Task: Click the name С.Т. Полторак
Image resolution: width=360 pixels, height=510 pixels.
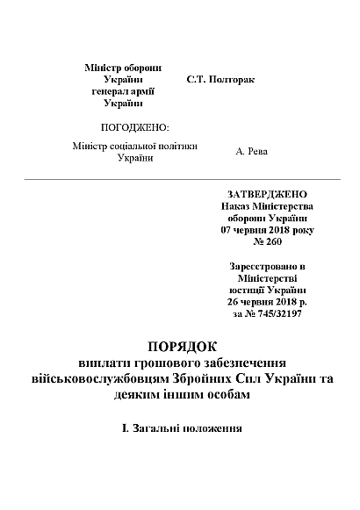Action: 220,79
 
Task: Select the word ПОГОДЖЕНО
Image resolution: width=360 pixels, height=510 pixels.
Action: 135,127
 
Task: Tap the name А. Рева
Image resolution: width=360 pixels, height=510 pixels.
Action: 252,152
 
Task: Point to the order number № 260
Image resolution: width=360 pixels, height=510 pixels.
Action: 267,241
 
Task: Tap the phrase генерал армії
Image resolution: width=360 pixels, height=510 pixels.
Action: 123,90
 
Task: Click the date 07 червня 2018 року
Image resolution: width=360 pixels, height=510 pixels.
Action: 267,229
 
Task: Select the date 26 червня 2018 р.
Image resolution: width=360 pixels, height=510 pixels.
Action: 267,301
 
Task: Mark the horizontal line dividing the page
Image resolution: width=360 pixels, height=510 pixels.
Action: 180,179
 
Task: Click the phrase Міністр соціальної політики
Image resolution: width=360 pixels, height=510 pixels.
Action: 134,146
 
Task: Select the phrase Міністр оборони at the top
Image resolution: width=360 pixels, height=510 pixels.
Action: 123,68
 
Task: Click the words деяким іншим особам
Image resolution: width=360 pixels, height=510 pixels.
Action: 180,395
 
